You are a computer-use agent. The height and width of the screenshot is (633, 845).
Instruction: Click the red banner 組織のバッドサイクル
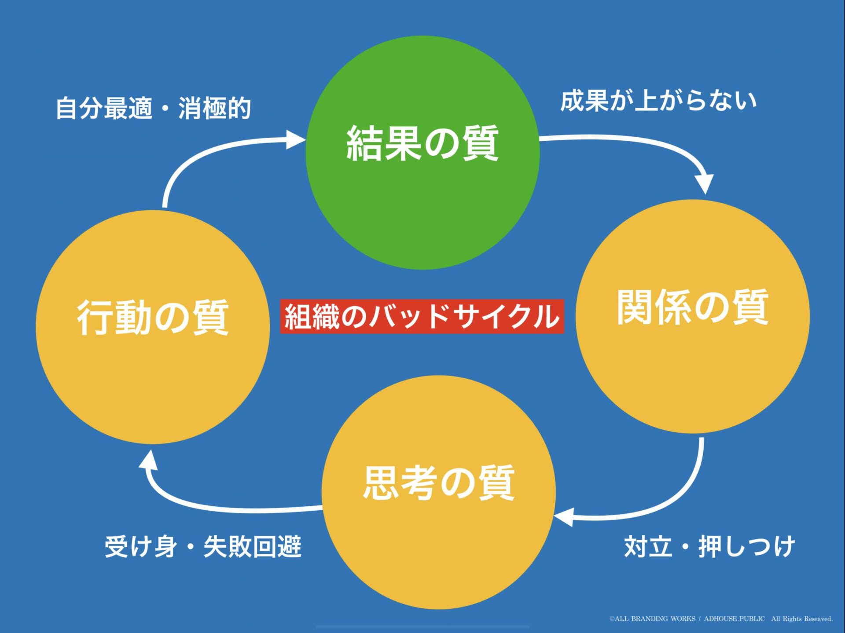coord(422,317)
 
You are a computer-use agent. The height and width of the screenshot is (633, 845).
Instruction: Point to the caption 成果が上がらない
coord(658,101)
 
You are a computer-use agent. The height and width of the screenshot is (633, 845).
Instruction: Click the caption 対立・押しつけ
coord(709,547)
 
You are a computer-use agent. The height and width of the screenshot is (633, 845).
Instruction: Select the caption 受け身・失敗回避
coord(203,547)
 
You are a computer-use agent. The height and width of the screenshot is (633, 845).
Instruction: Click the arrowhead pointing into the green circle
coord(295,140)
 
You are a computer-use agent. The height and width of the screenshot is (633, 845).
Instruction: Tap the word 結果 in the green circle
coord(384,143)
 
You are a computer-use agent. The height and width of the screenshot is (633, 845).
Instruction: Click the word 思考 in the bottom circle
coord(400,483)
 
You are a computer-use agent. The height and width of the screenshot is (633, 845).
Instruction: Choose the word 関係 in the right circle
coord(654,307)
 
